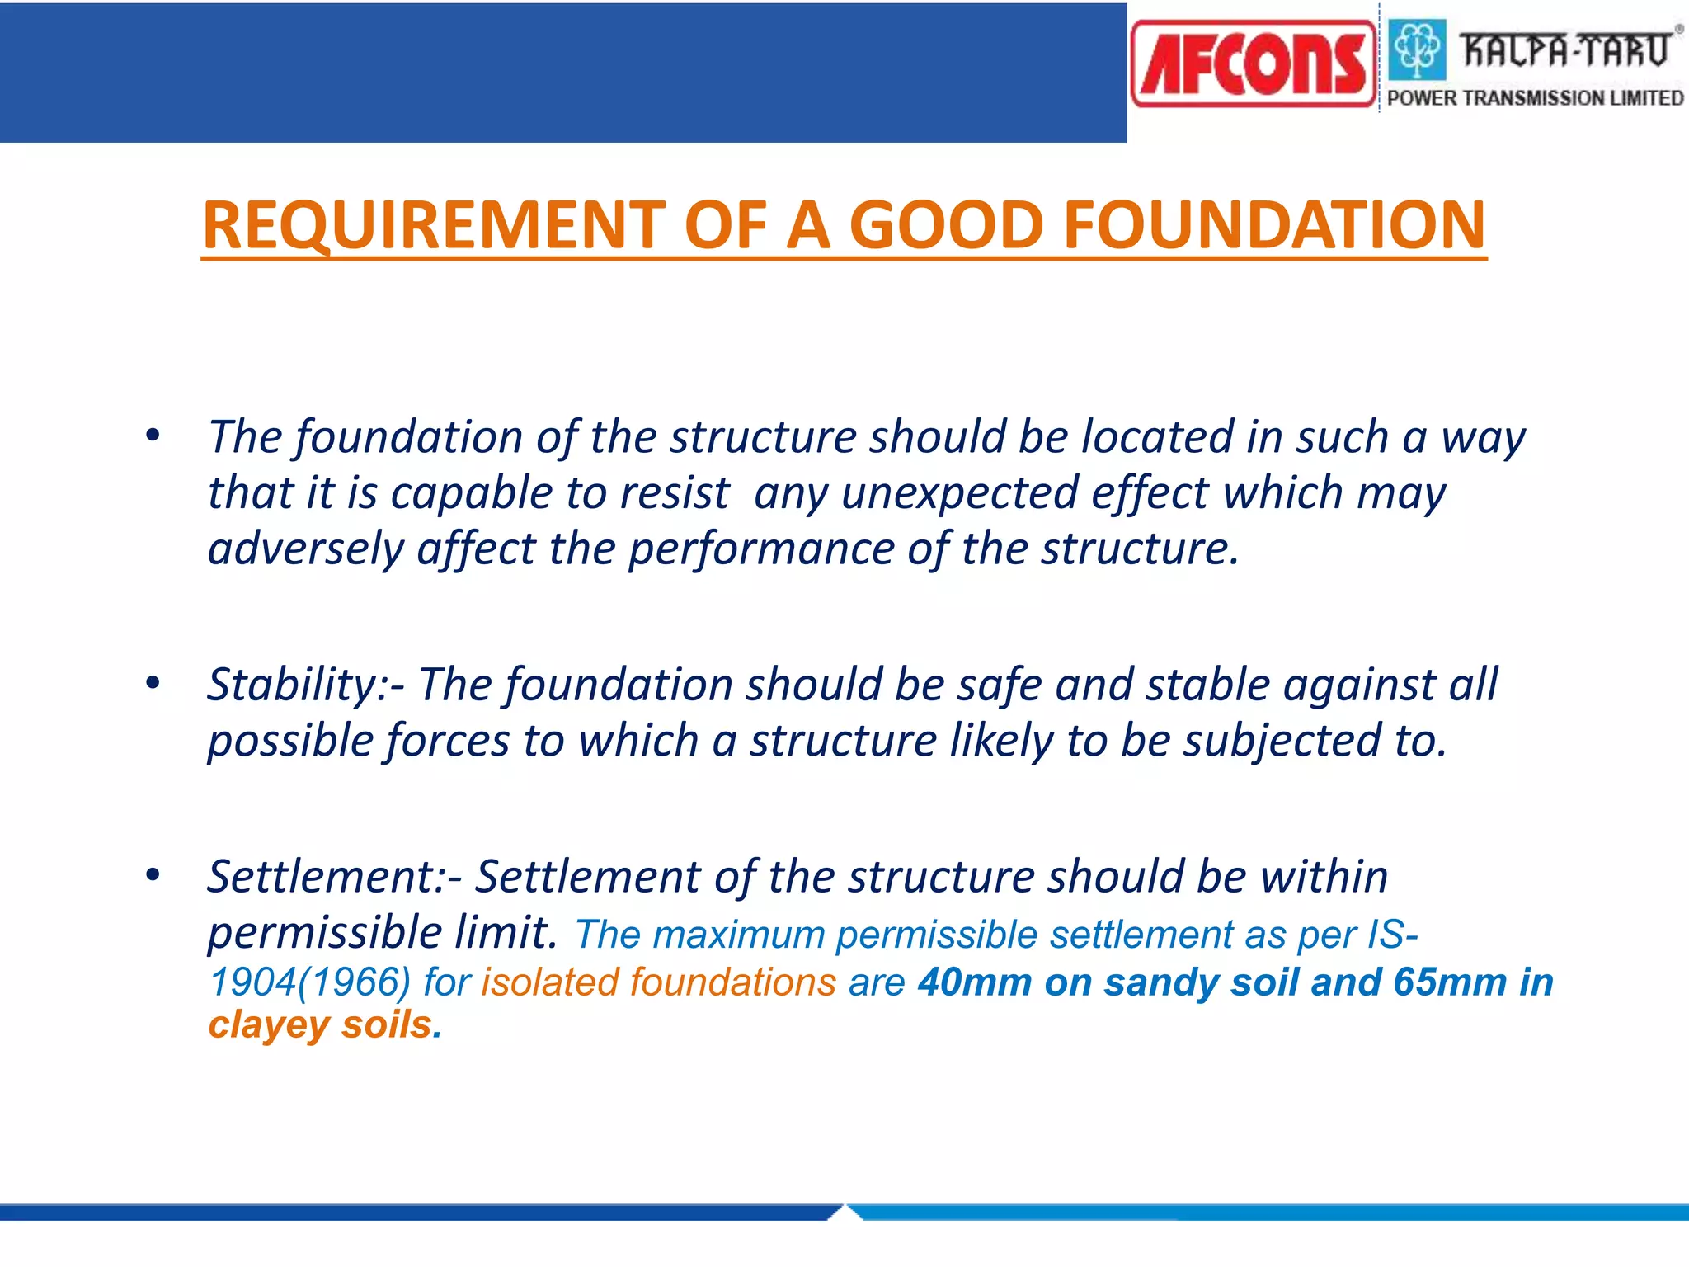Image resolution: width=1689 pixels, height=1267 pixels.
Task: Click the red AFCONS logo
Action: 1253,64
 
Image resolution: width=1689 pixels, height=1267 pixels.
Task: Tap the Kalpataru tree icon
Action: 1417,49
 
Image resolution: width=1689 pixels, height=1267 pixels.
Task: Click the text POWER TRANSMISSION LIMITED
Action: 1535,98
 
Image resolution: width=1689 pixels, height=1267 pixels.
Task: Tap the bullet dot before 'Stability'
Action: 153,682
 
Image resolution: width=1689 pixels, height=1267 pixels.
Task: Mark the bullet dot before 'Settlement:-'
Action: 153,874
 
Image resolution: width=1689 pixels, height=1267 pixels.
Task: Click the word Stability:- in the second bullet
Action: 305,685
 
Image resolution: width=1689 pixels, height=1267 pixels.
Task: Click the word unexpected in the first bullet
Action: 959,494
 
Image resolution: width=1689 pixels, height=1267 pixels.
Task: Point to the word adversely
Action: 305,550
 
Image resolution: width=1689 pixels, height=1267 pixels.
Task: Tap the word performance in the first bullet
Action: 760,550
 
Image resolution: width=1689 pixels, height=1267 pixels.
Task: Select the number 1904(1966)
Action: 309,982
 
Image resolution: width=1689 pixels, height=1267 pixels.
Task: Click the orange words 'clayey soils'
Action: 320,1025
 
